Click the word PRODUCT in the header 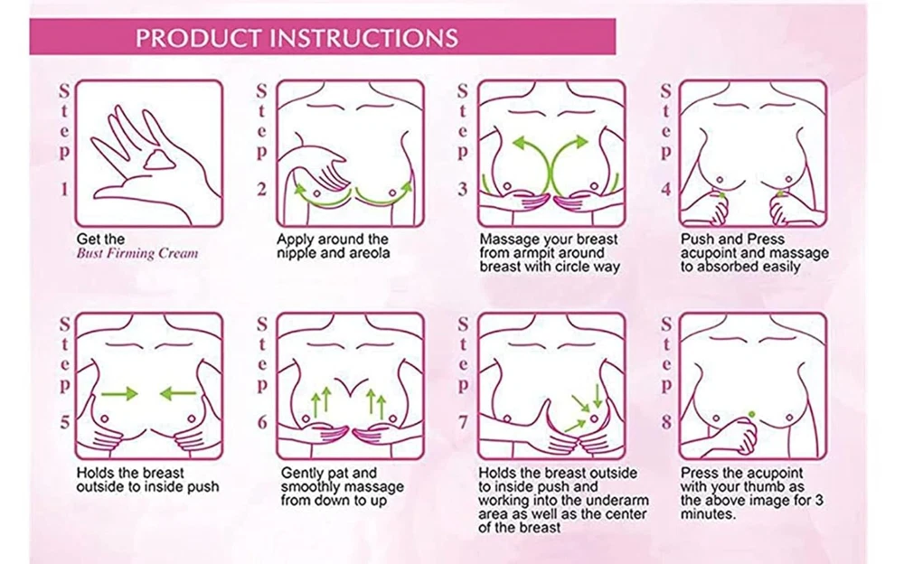click(199, 38)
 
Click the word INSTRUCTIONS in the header click(365, 38)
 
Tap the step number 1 click(64, 189)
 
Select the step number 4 click(666, 189)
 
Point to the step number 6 click(262, 422)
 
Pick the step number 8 click(666, 422)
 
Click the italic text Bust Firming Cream click(137, 253)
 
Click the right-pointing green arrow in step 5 click(119, 394)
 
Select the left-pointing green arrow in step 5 click(178, 394)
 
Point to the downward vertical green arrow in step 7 click(598, 396)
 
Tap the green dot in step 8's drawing click(751, 414)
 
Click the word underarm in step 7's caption click(623, 501)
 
